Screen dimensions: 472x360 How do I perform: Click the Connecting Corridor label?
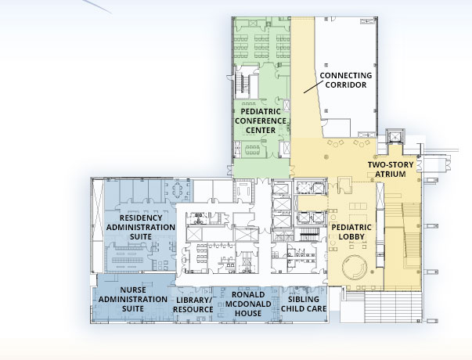[346, 80]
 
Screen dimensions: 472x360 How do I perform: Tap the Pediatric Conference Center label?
[261, 121]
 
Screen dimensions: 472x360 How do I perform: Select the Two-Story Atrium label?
[391, 170]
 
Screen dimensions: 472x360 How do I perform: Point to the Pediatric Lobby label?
[351, 232]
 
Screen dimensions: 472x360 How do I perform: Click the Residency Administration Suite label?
[141, 227]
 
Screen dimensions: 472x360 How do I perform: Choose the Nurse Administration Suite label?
[133, 299]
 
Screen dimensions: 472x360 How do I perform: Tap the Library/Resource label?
[193, 304]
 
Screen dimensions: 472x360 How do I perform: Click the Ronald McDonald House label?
[248, 304]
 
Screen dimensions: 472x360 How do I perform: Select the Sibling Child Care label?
[304, 304]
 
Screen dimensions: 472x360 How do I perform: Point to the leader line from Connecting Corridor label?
[312, 87]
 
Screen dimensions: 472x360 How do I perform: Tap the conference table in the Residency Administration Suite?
[177, 189]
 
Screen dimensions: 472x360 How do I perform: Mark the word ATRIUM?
[391, 174]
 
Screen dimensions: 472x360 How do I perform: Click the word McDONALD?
[248, 304]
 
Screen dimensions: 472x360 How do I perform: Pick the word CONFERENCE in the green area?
[261, 121]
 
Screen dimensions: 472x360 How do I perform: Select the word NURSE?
[133, 290]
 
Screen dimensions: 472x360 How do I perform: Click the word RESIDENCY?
[141, 218]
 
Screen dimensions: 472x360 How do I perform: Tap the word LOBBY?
[351, 236]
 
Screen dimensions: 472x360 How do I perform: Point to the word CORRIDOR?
[346, 85]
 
